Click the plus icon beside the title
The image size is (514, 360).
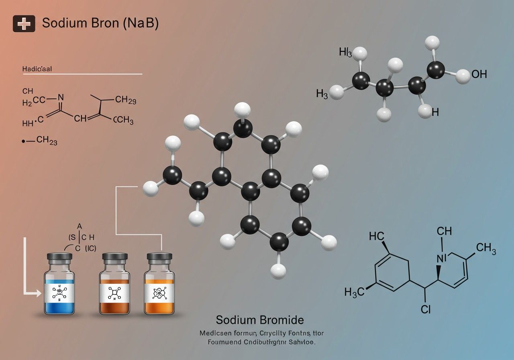(24, 24)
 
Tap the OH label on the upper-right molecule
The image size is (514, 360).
(479, 74)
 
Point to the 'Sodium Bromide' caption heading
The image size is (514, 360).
(260, 320)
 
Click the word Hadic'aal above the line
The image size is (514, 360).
(37, 69)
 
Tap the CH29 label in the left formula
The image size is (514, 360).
(125, 100)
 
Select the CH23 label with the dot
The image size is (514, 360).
(46, 141)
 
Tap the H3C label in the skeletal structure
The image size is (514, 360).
(355, 292)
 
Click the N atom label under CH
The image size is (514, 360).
(441, 258)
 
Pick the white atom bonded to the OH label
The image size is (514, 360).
(463, 76)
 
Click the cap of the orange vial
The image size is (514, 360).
(159, 256)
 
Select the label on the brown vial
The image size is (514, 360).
(114, 294)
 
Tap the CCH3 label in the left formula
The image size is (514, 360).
(123, 120)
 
